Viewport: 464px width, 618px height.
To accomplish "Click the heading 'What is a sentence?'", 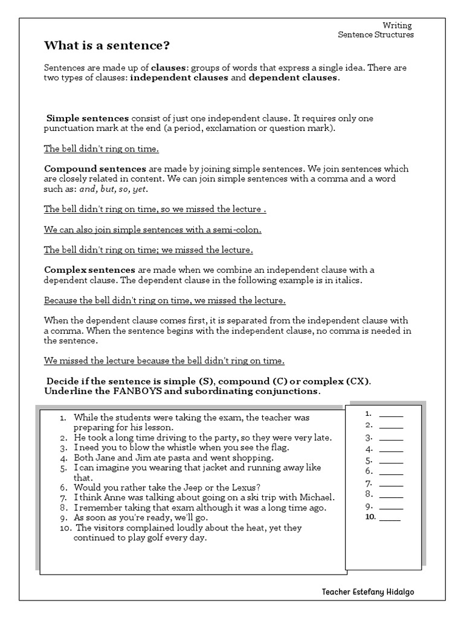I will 107,46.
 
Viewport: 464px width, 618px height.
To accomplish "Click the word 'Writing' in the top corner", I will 398,25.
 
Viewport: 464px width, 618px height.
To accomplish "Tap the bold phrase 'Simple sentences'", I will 88,118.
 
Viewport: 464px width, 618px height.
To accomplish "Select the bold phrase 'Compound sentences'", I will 95,169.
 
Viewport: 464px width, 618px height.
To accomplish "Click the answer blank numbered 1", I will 391,415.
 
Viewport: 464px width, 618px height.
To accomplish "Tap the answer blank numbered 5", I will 391,461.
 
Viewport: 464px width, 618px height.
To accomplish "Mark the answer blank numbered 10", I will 390,518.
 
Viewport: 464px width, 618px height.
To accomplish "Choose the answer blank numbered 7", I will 391,484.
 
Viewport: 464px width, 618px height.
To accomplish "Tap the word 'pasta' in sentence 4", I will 163,458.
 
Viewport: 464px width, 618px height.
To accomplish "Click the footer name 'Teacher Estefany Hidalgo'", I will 368,592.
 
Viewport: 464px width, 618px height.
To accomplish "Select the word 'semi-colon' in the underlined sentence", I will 239,230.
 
